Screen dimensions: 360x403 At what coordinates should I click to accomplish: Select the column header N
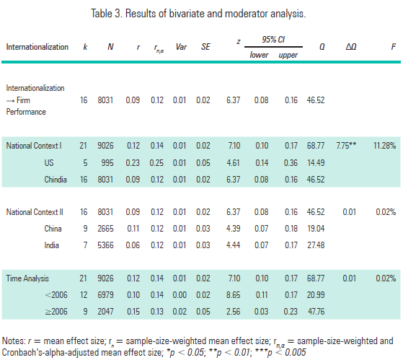point(110,47)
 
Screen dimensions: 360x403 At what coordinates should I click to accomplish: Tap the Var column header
point(180,47)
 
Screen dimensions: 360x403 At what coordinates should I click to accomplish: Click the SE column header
point(205,47)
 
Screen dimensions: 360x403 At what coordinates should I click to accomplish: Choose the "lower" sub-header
point(259,55)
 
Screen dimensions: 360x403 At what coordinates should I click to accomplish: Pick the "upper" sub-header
point(289,55)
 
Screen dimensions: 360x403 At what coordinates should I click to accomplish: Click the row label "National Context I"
point(33,146)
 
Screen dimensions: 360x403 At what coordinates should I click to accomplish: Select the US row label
point(48,162)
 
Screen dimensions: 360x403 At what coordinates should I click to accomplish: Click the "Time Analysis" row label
point(29,277)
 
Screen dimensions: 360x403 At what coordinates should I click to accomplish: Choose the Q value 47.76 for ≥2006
point(315,310)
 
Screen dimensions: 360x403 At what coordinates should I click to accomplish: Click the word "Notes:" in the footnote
point(14,340)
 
